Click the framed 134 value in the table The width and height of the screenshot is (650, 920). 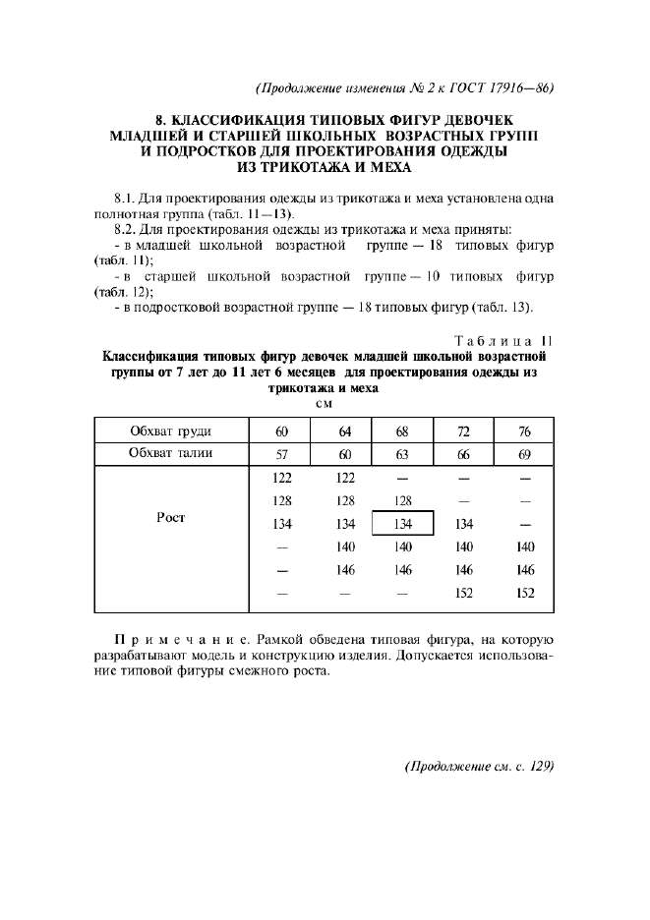click(402, 524)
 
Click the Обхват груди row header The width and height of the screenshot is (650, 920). click(171, 431)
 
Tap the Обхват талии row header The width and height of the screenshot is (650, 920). click(171, 453)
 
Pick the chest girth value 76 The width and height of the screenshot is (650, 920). click(524, 431)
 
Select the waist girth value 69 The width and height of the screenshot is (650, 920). click(524, 454)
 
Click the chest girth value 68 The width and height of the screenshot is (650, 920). click(402, 431)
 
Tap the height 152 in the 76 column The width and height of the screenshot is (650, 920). click(524, 593)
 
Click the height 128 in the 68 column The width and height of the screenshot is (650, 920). click(402, 500)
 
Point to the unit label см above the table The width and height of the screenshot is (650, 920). click(324, 403)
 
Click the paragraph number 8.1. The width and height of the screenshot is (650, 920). click(128, 198)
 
